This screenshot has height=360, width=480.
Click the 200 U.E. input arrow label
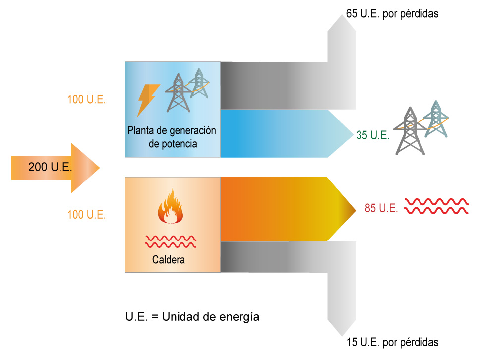tap(50, 167)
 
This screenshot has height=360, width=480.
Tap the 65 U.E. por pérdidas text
tap(392, 14)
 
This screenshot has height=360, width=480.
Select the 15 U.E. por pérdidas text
tap(392, 342)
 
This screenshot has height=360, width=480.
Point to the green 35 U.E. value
tap(372, 135)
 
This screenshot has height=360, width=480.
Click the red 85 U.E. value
tap(381, 209)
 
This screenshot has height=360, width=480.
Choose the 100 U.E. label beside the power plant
tap(86, 99)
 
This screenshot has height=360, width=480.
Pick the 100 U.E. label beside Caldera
tap(86, 215)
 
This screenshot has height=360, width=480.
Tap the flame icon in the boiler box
tap(171, 208)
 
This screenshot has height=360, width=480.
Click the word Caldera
tap(169, 259)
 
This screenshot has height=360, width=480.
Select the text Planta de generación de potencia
tap(172, 137)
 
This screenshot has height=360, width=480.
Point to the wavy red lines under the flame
tap(171, 241)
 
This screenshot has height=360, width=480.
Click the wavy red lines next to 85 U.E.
tap(436, 206)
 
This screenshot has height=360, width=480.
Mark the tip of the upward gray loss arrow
tap(342, 16)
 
